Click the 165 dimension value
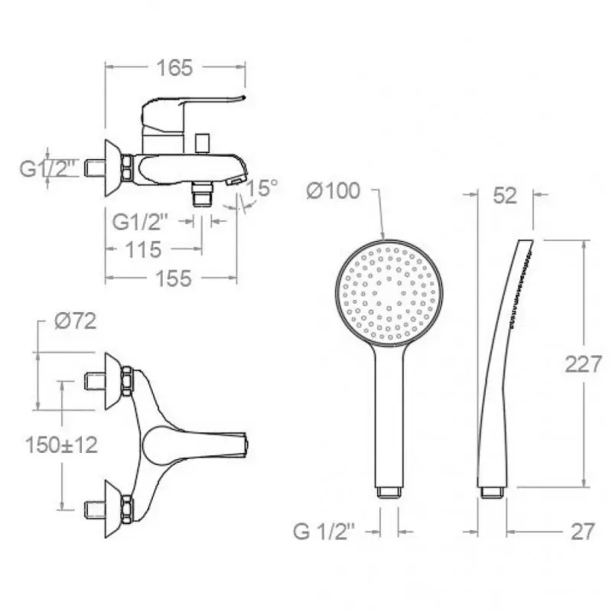[174, 67]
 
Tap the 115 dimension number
[143, 249]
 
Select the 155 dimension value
[174, 278]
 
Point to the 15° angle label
[263, 187]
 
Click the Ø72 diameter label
[75, 321]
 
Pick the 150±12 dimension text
[61, 444]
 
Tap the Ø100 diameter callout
[333, 191]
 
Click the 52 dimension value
[505, 196]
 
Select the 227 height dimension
[583, 365]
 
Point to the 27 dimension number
[583, 532]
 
